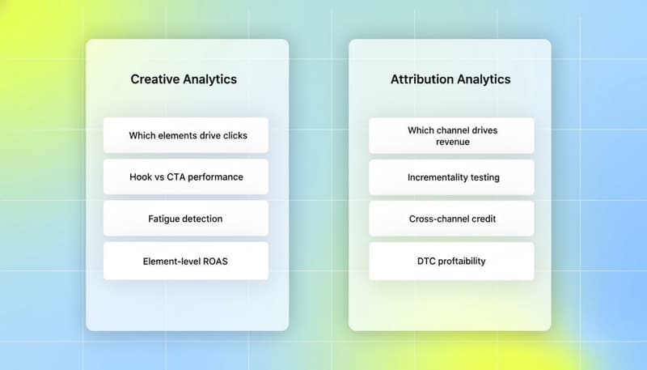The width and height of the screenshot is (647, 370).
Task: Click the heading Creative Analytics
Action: tap(184, 79)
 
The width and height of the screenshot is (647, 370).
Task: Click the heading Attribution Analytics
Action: tap(450, 79)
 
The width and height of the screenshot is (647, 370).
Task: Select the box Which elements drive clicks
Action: tap(187, 135)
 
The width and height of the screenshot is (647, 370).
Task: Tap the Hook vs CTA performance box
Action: tap(187, 176)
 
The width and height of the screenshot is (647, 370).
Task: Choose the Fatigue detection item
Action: tap(187, 219)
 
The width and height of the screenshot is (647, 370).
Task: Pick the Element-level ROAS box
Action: tap(187, 261)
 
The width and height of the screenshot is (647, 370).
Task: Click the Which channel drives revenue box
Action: tap(451, 135)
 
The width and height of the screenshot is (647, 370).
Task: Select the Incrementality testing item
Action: tap(451, 176)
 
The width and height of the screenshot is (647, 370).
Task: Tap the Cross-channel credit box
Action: tap(451, 219)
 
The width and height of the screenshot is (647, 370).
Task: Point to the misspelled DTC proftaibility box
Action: tap(451, 261)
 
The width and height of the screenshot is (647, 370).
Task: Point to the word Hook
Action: tap(142, 176)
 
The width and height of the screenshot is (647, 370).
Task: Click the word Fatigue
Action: tap(167, 219)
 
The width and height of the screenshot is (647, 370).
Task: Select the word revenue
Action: tap(451, 142)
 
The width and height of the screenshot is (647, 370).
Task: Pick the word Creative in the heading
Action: tap(154, 79)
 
